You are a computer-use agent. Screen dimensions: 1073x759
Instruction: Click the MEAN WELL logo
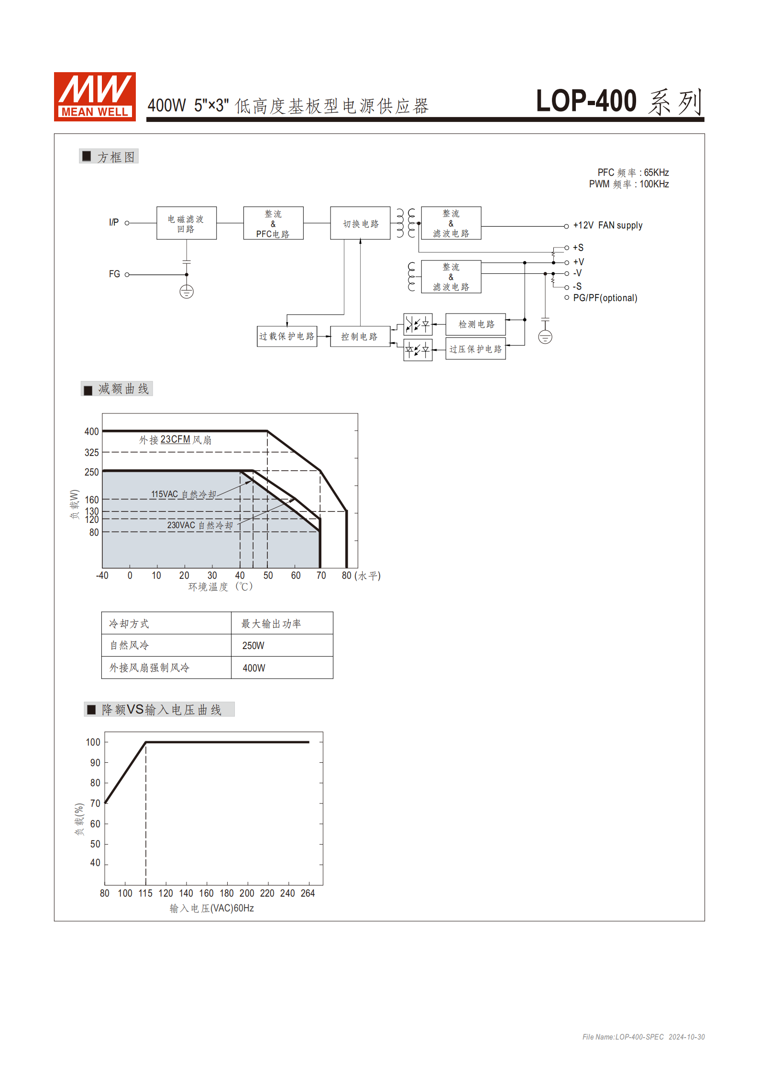click(x=95, y=97)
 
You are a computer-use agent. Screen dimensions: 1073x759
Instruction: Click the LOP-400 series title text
click(x=619, y=101)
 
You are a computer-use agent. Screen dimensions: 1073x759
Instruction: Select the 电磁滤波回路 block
click(x=187, y=223)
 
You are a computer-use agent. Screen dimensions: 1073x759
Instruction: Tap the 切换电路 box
click(x=360, y=223)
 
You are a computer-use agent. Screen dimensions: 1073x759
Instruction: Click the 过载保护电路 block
click(x=287, y=336)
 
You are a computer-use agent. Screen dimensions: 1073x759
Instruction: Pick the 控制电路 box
click(x=360, y=336)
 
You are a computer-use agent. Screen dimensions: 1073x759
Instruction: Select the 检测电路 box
click(x=476, y=325)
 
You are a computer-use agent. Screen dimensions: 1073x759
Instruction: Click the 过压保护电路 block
click(x=476, y=349)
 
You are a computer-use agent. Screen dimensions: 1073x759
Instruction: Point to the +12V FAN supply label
click(x=607, y=226)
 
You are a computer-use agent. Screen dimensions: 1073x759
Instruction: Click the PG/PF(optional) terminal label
click(x=605, y=298)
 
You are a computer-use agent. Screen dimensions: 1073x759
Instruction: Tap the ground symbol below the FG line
click(x=187, y=292)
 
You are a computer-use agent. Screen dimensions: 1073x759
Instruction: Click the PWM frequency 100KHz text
click(x=628, y=184)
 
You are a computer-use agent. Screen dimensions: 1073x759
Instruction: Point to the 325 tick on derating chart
click(x=92, y=452)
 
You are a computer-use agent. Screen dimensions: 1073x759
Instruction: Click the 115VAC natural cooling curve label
click(x=184, y=494)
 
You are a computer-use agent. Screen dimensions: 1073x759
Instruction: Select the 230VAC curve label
click(x=200, y=525)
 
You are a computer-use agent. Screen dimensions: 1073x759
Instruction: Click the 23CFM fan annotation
click(x=175, y=440)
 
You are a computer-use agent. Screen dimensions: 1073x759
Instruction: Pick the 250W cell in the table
click(x=253, y=646)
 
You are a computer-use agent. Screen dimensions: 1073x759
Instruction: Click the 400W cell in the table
click(x=253, y=668)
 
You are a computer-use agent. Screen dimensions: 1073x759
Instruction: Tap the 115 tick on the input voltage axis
click(x=145, y=893)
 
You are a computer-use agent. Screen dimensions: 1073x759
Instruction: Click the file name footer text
click(x=643, y=1037)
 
